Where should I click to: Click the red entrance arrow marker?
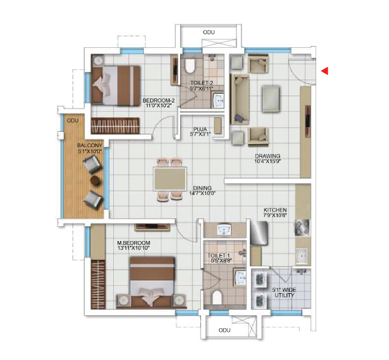click(325, 71)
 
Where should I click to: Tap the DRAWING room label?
click(268, 156)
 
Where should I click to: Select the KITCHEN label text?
click(275, 210)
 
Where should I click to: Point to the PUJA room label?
click(200, 129)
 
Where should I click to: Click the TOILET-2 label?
click(202, 83)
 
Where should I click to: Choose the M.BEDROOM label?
click(134, 243)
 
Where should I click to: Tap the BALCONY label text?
click(89, 145)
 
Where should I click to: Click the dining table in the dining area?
click(170, 179)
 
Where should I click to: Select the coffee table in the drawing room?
click(271, 99)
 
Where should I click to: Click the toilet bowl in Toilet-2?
click(190, 66)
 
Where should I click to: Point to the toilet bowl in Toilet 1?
click(217, 297)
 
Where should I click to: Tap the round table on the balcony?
click(96, 180)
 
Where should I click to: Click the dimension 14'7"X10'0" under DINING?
click(202, 193)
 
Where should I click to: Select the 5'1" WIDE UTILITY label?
click(284, 293)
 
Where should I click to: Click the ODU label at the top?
click(209, 33)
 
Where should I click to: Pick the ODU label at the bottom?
click(225, 330)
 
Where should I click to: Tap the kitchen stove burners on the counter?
click(302, 228)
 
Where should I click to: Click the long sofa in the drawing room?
click(240, 99)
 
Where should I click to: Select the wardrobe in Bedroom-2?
click(115, 126)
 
